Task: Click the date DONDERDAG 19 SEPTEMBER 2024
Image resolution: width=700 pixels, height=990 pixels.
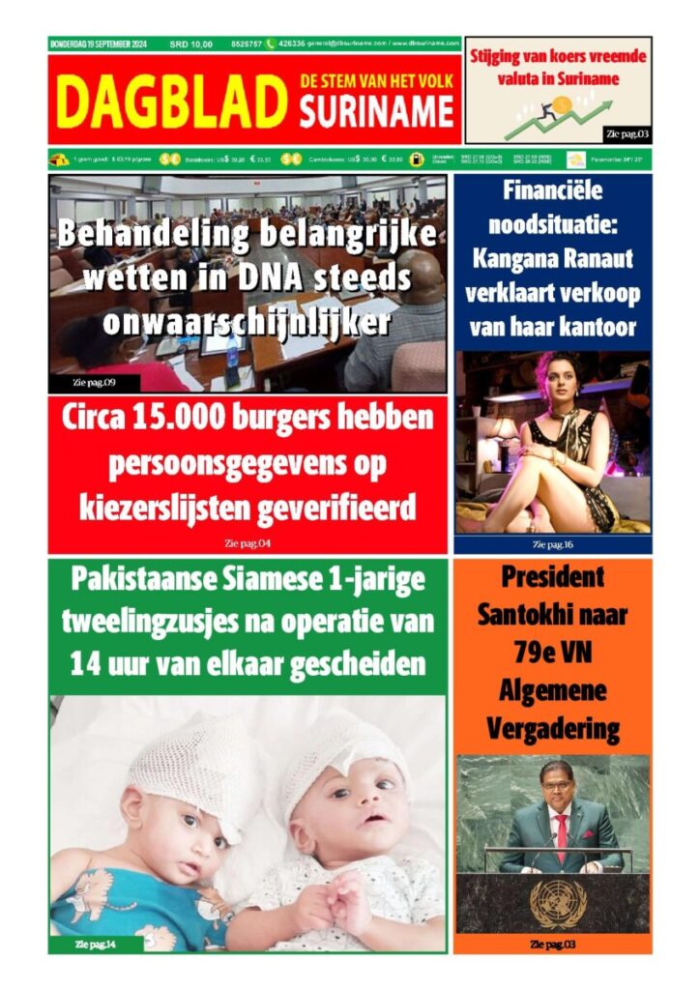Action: [x=102, y=44]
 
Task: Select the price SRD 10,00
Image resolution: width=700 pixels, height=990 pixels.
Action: [x=190, y=44]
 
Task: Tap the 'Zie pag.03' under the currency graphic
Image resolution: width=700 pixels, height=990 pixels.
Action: [x=624, y=133]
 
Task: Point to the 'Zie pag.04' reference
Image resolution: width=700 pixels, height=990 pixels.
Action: [x=248, y=542]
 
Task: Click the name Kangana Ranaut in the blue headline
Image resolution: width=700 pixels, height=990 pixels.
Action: [x=552, y=259]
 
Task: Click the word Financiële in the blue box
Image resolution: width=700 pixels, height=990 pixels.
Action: [x=553, y=190]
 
